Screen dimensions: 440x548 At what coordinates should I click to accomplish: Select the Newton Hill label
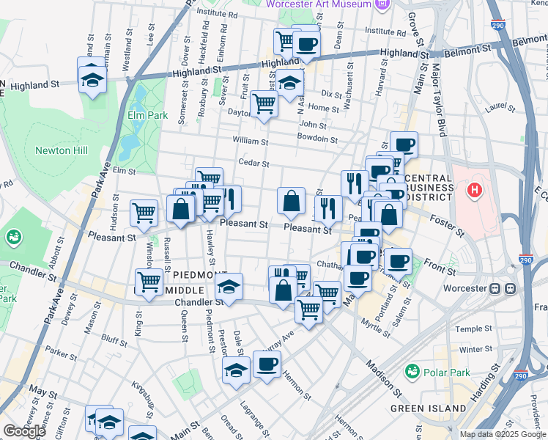coord(62,150)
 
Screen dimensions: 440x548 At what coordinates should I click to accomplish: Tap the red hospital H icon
coord(475,191)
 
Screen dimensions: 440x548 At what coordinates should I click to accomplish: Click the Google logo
coord(25,431)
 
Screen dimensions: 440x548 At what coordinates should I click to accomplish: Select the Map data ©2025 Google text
coord(503,434)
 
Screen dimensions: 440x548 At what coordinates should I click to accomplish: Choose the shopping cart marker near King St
coord(149,280)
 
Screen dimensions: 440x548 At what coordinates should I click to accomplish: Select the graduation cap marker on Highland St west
coord(94,79)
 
